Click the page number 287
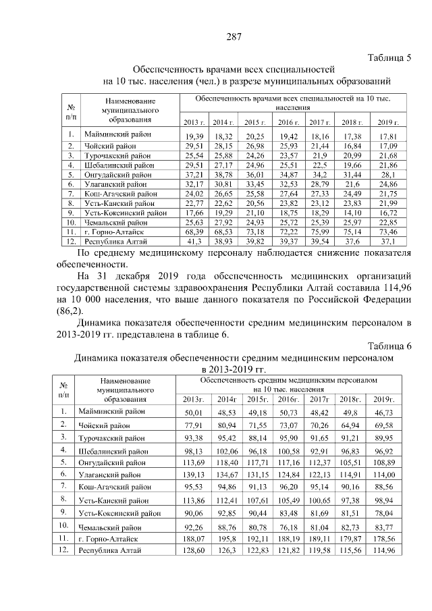click(x=234, y=36)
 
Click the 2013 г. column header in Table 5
click(x=194, y=122)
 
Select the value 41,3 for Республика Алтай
click(x=195, y=240)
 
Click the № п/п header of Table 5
click(x=71, y=111)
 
